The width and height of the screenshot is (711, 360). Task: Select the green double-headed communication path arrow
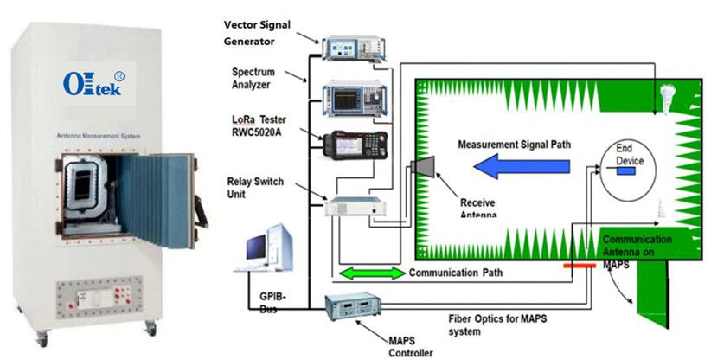(x=370, y=273)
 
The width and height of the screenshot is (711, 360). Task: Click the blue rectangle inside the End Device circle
(x=626, y=170)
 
